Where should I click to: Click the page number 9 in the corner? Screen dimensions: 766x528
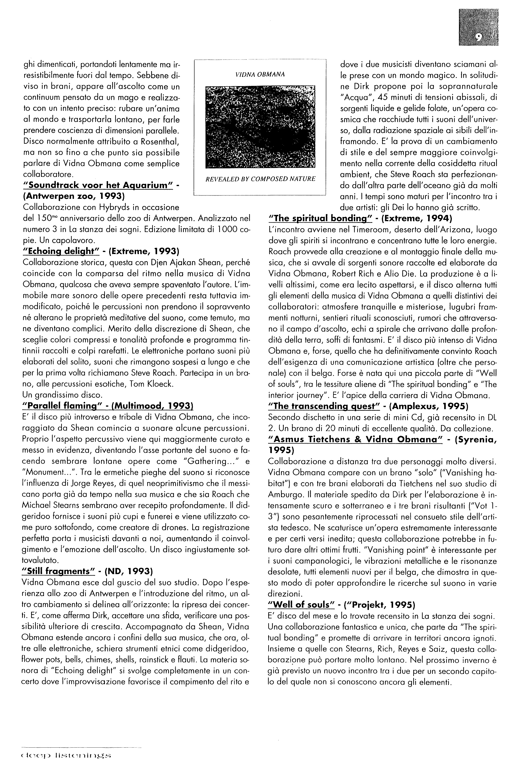479,36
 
